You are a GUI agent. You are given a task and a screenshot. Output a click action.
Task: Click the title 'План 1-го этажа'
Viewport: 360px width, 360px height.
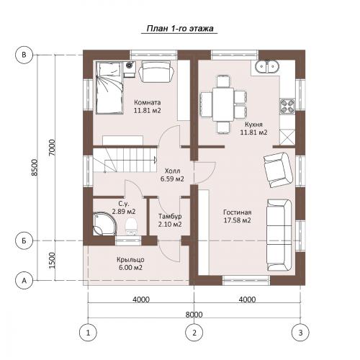click(180, 29)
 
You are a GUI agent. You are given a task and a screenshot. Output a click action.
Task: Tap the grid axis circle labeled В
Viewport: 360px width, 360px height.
click(24, 55)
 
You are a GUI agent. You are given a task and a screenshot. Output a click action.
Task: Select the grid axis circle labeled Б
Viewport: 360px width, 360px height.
click(24, 240)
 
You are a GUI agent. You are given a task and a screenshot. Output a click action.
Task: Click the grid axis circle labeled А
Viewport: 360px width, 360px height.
click(24, 280)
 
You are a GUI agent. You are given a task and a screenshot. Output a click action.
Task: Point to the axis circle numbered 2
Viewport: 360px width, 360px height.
click(194, 333)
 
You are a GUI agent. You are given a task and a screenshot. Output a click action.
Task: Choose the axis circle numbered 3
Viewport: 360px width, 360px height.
click(300, 333)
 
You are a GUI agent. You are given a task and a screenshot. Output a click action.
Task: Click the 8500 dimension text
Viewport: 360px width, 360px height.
click(35, 167)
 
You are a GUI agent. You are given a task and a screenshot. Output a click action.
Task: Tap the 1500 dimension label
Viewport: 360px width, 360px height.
click(52, 261)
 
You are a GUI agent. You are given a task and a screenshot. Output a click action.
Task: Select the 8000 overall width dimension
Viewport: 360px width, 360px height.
click(194, 314)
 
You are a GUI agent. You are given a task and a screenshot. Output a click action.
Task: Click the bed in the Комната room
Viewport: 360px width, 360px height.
click(109, 88)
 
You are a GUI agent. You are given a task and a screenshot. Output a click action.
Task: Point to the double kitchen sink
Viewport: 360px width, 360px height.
click(266, 66)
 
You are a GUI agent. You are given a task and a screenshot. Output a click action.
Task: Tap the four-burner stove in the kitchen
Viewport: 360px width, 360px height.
click(287, 106)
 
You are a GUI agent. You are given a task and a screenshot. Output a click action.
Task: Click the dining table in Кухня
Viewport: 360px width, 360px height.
click(223, 104)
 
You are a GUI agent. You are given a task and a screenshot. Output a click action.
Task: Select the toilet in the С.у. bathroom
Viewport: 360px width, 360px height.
click(131, 226)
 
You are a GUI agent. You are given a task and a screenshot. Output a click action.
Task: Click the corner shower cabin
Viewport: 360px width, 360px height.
click(104, 223)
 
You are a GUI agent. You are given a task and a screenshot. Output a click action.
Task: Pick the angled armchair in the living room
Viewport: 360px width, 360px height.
click(279, 170)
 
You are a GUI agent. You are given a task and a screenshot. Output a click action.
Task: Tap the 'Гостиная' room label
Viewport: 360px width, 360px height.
click(238, 212)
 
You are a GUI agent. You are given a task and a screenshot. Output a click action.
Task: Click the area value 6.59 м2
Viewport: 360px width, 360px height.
click(172, 179)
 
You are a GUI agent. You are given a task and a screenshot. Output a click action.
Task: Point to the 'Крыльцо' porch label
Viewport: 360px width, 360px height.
click(130, 260)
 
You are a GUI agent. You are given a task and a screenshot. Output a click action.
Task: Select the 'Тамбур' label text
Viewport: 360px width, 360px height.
click(170, 217)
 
